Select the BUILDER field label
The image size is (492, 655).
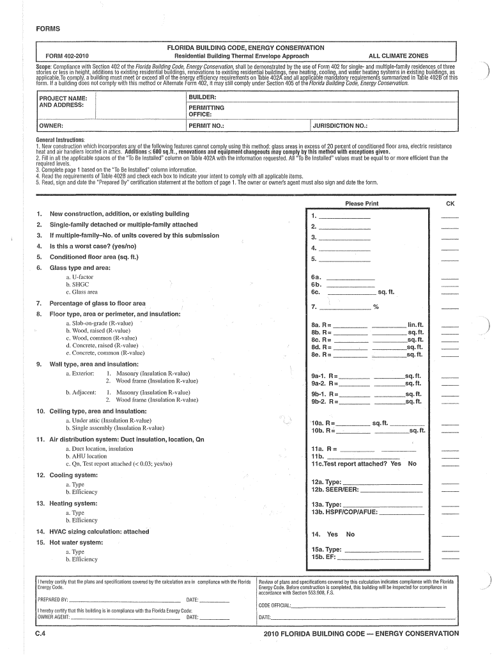click(201, 97)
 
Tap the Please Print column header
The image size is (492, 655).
click(362, 203)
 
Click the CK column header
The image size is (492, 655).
click(450, 203)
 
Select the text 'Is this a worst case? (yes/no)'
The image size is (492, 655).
click(93, 246)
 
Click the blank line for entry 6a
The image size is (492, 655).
click(351, 278)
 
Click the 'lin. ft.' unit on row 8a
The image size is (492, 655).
click(415, 325)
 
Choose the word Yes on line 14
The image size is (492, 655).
click(332, 534)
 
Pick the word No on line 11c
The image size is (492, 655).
click(411, 464)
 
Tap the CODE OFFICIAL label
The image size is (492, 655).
click(275, 605)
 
